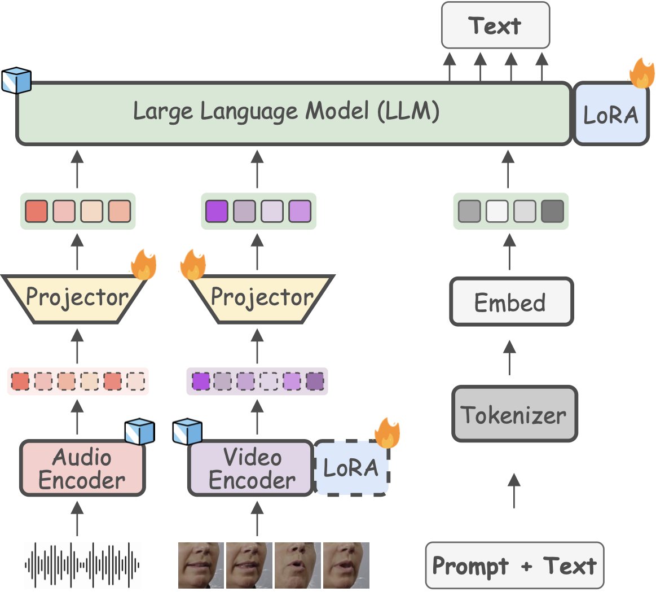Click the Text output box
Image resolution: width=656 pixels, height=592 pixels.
pos(495,25)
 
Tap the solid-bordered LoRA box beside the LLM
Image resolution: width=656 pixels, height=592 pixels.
pos(611,114)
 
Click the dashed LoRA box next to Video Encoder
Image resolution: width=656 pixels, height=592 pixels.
pos(351,468)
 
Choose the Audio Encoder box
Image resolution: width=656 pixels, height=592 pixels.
pos(82,468)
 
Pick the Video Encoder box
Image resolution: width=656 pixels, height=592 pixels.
pos(251,468)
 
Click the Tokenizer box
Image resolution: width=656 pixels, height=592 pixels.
pos(514,415)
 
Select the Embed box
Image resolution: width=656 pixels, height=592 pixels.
pos(510,302)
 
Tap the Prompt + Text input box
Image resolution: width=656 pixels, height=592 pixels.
pos(514,565)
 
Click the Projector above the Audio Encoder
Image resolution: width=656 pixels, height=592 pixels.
pos(77,297)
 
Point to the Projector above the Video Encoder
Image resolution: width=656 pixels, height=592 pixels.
pos(261,297)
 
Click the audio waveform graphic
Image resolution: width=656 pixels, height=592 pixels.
pos(82,564)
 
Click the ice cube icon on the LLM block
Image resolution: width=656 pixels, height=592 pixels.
pos(16,81)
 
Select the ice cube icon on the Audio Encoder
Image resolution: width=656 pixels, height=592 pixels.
pos(139,432)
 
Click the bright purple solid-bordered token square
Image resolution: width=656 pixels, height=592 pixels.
pos(217,211)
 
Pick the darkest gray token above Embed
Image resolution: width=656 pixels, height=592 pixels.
pos(552,211)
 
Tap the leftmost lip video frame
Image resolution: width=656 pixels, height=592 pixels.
pos(201,565)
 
